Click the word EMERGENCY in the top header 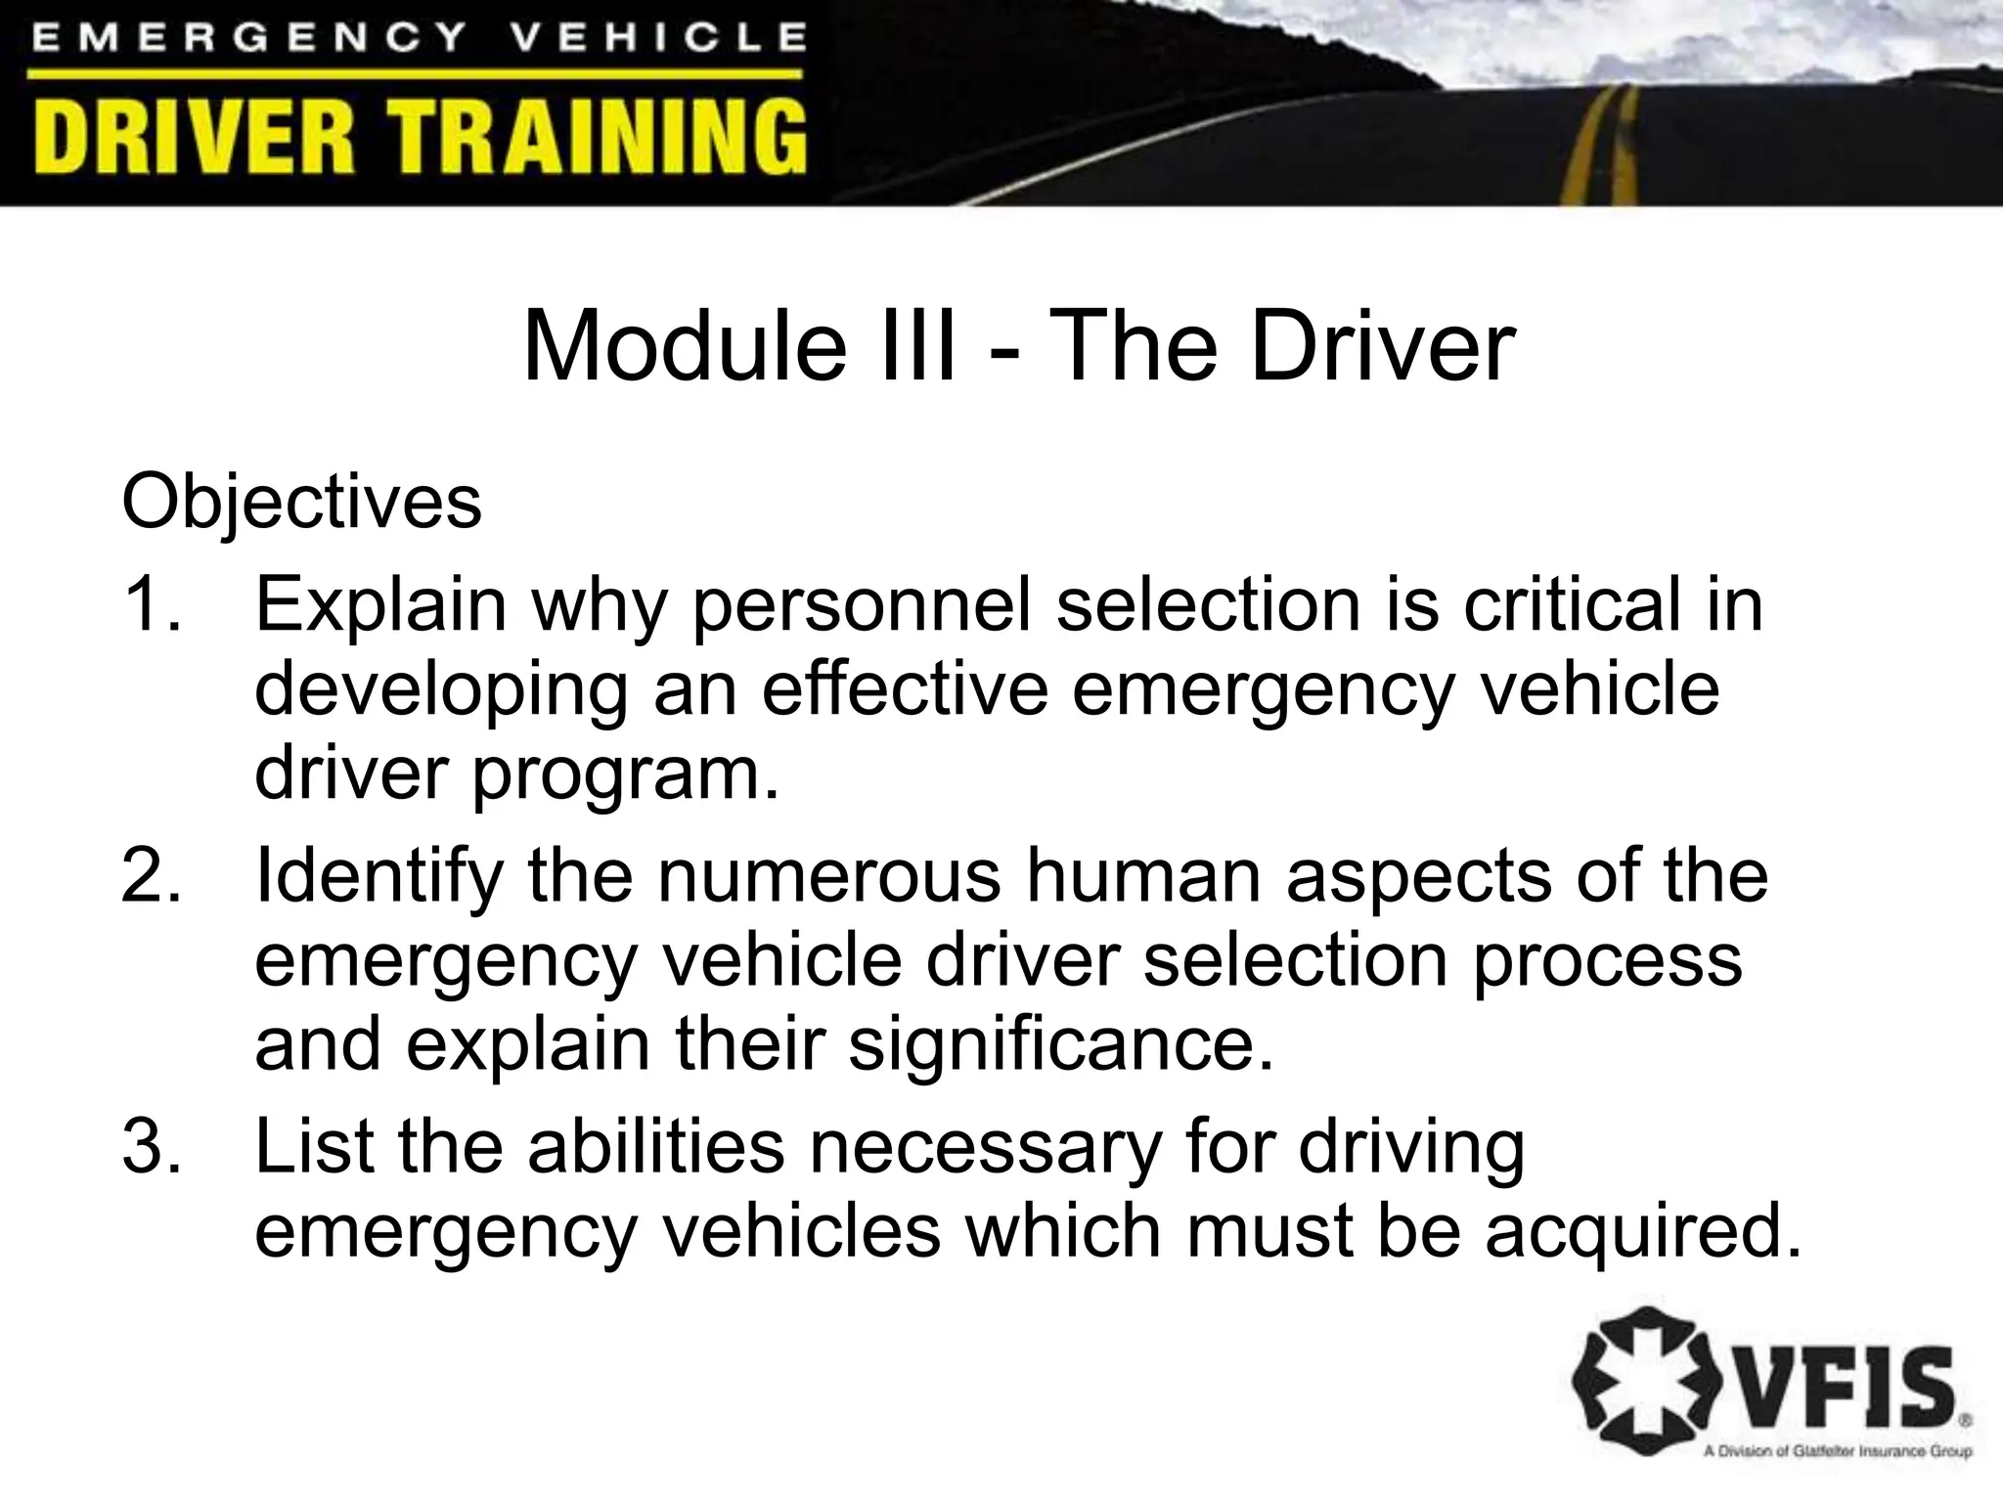tap(249, 38)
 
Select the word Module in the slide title tap(685, 347)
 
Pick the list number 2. tap(151, 875)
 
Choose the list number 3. tap(151, 1146)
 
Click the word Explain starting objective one tap(380, 606)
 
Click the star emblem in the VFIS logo tap(1642, 1384)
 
